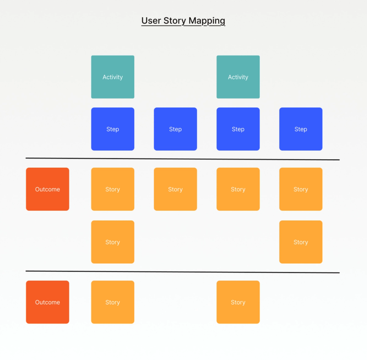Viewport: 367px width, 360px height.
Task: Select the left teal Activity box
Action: [113, 77]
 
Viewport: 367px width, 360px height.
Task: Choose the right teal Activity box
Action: [238, 77]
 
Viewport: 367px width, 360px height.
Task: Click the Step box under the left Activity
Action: [113, 129]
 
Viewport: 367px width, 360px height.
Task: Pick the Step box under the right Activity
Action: [238, 129]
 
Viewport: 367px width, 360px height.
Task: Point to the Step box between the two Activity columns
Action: [175, 129]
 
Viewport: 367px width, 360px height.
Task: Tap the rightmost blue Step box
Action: [301, 129]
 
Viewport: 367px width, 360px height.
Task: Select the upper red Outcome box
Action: [48, 189]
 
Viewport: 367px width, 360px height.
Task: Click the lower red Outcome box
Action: [48, 302]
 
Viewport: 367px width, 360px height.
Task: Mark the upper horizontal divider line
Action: [183, 159]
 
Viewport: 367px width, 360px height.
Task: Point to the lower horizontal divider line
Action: [183, 272]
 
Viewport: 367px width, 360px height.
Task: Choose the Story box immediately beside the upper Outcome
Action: [113, 189]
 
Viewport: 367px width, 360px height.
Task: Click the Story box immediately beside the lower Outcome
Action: [113, 302]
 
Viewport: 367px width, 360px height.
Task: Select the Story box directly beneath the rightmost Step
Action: [301, 189]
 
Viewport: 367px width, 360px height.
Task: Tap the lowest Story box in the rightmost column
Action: [301, 242]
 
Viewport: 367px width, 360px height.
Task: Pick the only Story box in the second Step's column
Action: [175, 189]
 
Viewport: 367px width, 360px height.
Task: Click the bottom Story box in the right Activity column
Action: [238, 302]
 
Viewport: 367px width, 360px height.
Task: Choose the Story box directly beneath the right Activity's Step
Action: [238, 189]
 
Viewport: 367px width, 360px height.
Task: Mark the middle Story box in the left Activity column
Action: [113, 242]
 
